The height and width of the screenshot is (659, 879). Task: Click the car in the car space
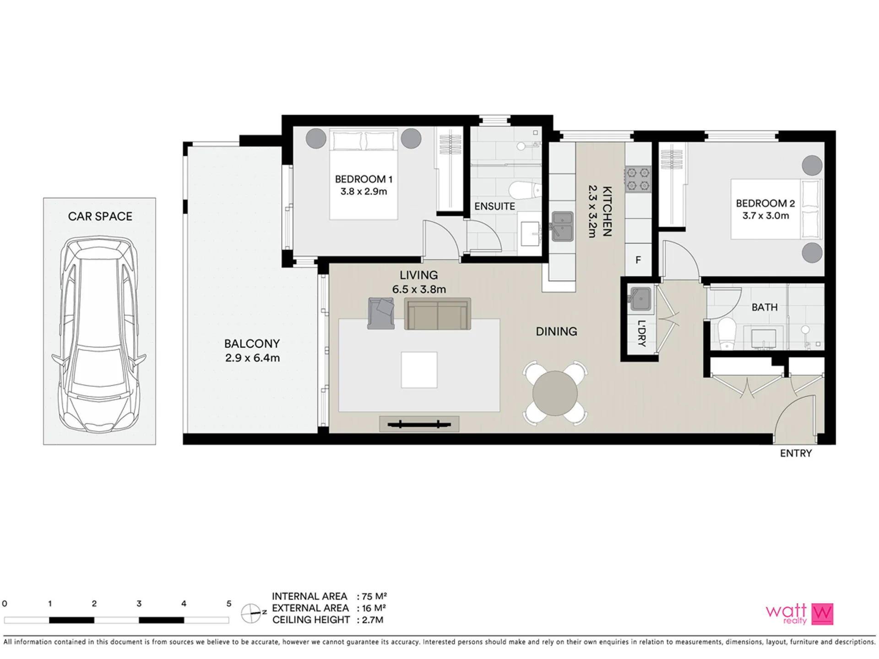pyautogui.click(x=99, y=335)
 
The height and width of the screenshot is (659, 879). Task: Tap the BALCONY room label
pyautogui.click(x=252, y=344)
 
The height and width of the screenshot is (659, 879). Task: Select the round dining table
pyautogui.click(x=555, y=393)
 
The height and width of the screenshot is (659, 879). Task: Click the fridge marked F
pyautogui.click(x=638, y=260)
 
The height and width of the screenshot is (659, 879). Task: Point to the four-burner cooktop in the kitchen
pyautogui.click(x=638, y=179)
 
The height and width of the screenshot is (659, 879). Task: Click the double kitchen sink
pyautogui.click(x=562, y=226)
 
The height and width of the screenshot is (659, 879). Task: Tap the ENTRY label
pyautogui.click(x=796, y=453)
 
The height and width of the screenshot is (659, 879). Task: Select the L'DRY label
pyautogui.click(x=641, y=333)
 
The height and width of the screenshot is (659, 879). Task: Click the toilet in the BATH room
pyautogui.click(x=726, y=334)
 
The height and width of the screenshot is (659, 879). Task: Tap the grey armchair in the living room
pyautogui.click(x=381, y=313)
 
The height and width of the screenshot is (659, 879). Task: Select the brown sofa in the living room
pyautogui.click(x=437, y=314)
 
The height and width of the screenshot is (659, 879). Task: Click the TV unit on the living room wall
pyautogui.click(x=419, y=424)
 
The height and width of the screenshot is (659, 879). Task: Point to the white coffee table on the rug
pyautogui.click(x=419, y=370)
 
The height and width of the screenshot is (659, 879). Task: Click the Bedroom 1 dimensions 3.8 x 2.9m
pyautogui.click(x=364, y=191)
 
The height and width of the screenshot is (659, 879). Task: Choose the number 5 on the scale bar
pyautogui.click(x=229, y=604)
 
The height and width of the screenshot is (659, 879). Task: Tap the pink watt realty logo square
pyautogui.click(x=822, y=614)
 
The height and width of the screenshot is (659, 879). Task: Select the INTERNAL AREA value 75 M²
pyautogui.click(x=374, y=596)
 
